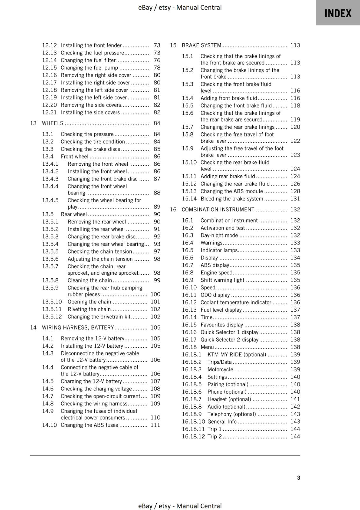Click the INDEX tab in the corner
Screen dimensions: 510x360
[338, 13]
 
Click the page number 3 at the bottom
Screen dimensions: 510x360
[299, 477]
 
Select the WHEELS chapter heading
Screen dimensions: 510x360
[53, 123]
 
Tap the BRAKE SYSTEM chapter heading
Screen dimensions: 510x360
[201, 45]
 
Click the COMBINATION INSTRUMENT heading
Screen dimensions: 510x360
[218, 209]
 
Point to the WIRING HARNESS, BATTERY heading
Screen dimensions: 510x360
[78, 327]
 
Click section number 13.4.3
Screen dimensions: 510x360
[50, 179]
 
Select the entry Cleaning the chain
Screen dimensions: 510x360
[90, 280]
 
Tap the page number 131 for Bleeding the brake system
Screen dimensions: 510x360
[295, 199]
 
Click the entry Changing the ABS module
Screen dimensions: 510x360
[232, 191]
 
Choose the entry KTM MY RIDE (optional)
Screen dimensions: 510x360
[237, 354]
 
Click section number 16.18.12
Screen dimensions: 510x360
[193, 436]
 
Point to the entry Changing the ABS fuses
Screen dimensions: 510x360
[89, 425]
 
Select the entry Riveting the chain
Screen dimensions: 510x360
[89, 309]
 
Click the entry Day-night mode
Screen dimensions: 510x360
[219, 235]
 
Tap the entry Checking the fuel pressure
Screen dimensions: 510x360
[92, 53]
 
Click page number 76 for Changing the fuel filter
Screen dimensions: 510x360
[157, 60]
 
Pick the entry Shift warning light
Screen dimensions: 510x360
[222, 280]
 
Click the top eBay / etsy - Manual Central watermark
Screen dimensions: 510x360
[180, 7]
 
